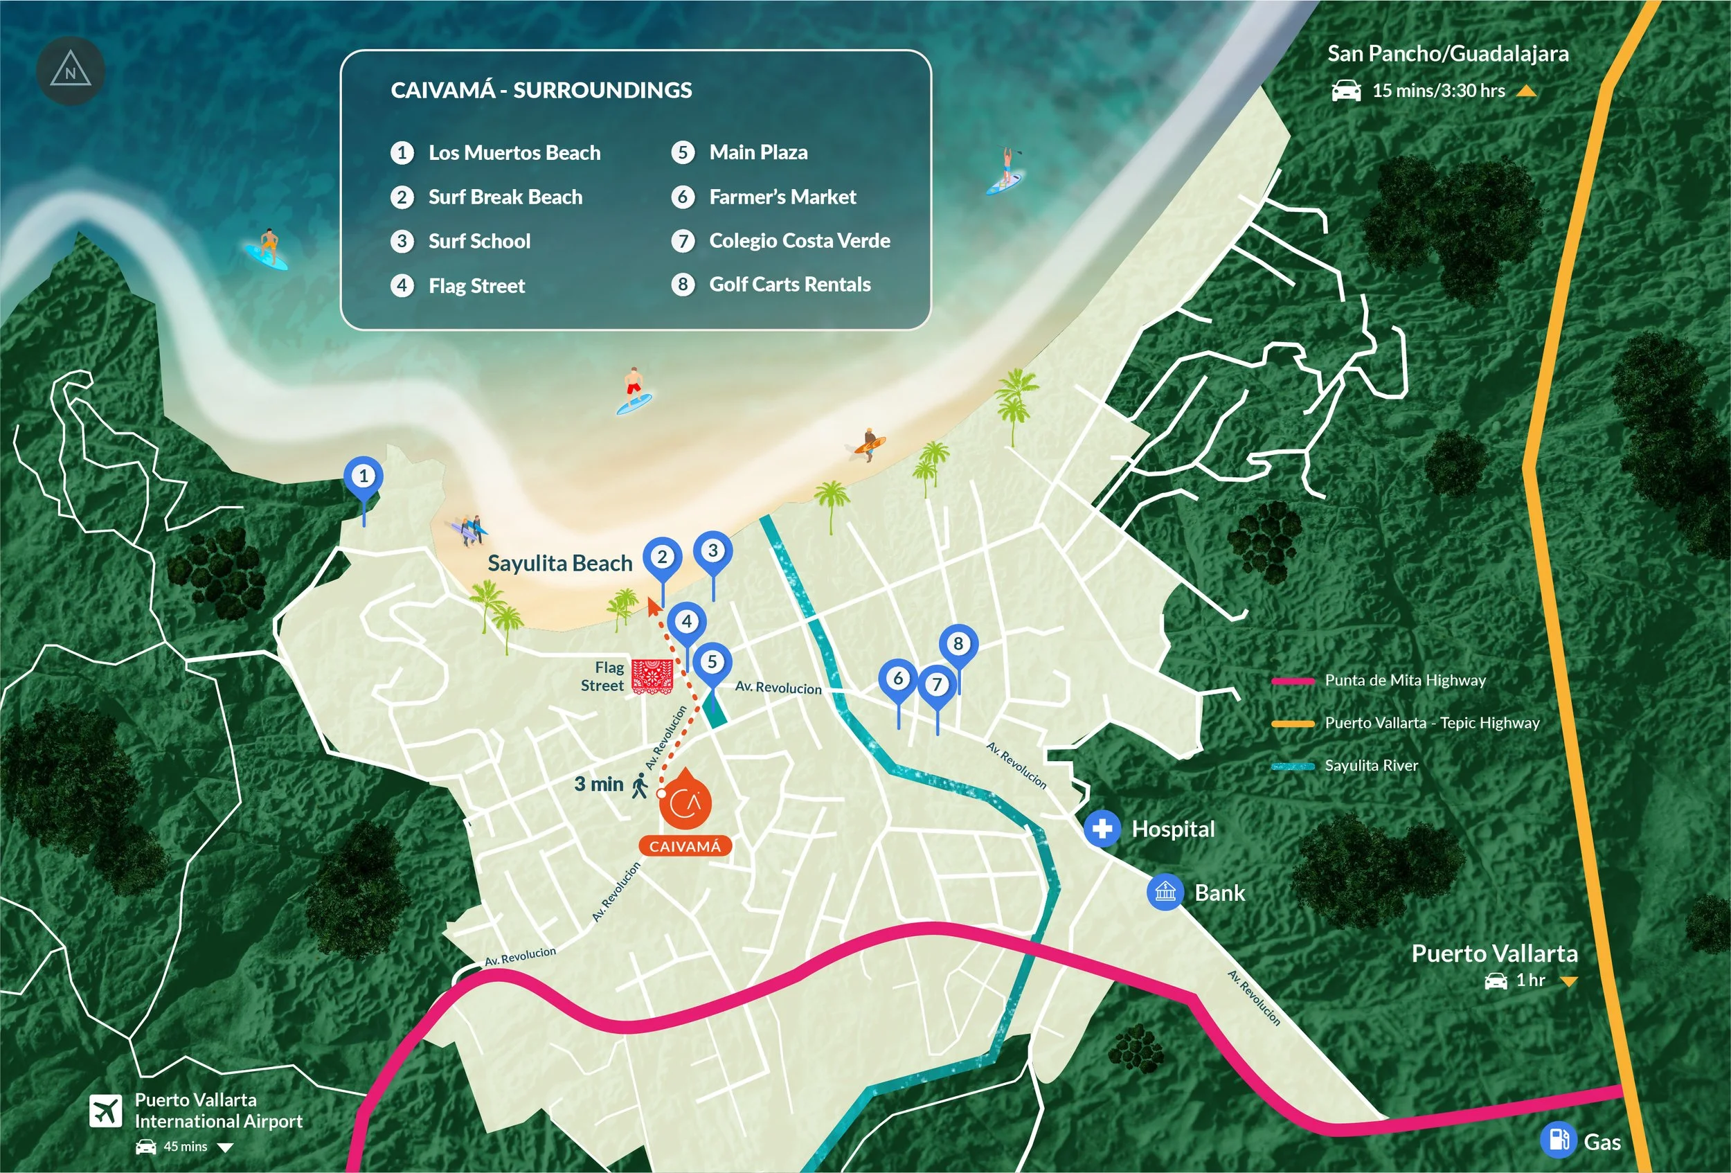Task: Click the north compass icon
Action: (70, 71)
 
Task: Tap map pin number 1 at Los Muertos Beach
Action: (364, 476)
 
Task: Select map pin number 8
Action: (958, 643)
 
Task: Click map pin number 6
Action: (898, 679)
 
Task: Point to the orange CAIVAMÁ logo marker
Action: (685, 802)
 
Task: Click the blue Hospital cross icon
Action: (1102, 828)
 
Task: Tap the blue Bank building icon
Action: (1165, 891)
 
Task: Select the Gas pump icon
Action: (1558, 1140)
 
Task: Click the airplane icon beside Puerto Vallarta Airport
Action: (106, 1111)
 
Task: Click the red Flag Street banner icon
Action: (652, 677)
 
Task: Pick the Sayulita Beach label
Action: (559, 563)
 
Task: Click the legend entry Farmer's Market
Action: (782, 197)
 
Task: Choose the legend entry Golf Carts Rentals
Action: (789, 285)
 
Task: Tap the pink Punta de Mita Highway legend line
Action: (1293, 681)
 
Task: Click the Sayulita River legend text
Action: (1370, 766)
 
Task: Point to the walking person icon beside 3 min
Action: (640, 786)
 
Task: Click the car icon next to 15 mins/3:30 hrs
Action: (1346, 91)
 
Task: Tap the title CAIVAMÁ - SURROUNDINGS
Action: (541, 90)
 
